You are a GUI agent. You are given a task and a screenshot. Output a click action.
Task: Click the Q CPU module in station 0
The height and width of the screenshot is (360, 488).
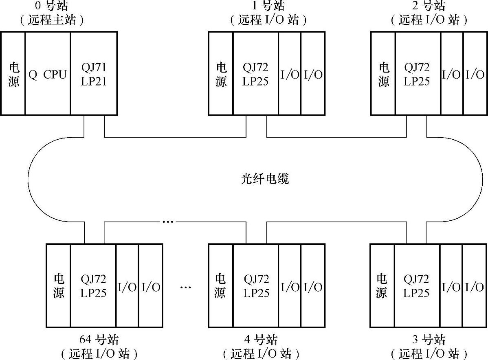(x=48, y=74)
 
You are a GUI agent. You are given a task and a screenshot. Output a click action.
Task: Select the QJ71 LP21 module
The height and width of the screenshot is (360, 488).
(x=94, y=74)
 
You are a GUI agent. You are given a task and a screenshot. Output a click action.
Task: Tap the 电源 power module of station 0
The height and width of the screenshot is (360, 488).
(x=13, y=74)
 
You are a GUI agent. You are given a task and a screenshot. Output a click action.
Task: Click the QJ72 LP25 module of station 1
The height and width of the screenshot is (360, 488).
(x=255, y=74)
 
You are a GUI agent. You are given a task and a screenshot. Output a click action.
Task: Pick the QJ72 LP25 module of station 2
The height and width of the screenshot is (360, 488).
(x=417, y=74)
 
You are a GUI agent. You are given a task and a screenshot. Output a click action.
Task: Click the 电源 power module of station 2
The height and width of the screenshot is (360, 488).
(x=383, y=74)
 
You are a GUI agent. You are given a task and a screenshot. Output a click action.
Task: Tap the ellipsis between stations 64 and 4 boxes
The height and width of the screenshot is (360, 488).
(x=185, y=288)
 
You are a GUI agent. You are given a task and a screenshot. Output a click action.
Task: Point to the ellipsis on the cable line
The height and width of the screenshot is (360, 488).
(x=168, y=222)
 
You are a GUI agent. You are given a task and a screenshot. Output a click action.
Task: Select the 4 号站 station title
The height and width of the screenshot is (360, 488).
(x=261, y=340)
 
